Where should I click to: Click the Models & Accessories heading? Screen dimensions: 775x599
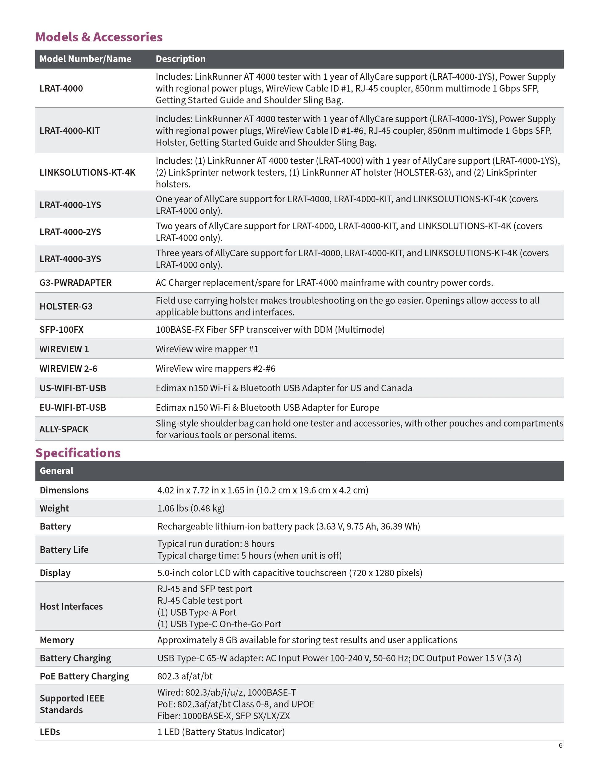click(x=99, y=37)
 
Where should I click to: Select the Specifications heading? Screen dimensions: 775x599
click(x=78, y=453)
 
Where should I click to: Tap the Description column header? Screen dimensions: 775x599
click(x=181, y=59)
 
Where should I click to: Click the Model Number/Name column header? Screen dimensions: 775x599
click(x=85, y=59)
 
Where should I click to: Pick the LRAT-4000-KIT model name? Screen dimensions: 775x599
click(x=70, y=131)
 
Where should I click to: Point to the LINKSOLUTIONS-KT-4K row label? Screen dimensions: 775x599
click(x=87, y=172)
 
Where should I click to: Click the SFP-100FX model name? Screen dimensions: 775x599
click(x=61, y=330)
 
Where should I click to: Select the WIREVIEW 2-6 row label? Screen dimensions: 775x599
click(x=68, y=369)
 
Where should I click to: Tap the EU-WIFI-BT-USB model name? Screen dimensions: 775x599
click(x=73, y=408)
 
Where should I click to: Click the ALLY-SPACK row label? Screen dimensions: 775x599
click(x=64, y=429)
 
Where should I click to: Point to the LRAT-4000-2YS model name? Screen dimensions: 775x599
click(x=70, y=232)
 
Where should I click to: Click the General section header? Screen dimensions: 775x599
click(x=56, y=471)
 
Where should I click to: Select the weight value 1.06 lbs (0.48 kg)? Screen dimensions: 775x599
click(x=191, y=508)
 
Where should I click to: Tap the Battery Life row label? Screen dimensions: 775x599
click(x=64, y=549)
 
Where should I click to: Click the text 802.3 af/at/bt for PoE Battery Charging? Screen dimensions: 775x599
click(x=185, y=676)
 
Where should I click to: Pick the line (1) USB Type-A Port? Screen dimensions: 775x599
click(x=197, y=612)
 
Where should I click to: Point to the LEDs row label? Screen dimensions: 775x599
click(x=50, y=732)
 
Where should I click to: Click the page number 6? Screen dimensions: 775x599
click(x=561, y=745)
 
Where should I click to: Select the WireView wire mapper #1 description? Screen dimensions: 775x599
click(x=207, y=349)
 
